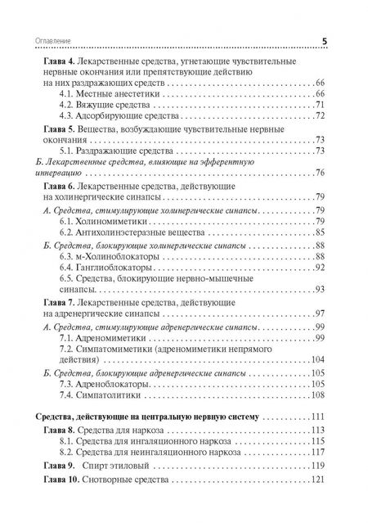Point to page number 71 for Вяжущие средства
point(320,107)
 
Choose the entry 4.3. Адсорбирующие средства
point(119,119)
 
